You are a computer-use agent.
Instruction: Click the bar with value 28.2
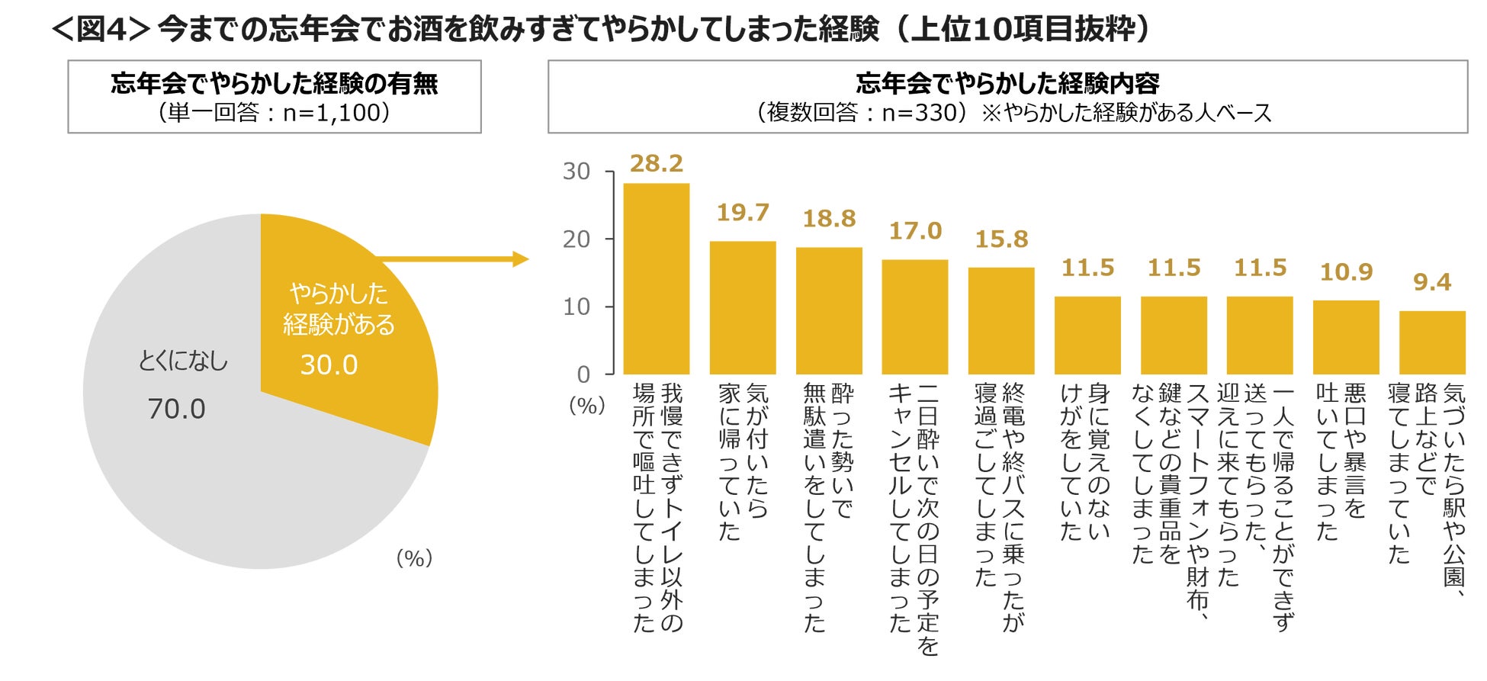pyautogui.click(x=656, y=278)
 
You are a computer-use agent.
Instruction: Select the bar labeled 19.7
pyautogui.click(x=742, y=307)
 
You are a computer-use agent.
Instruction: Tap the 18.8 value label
pyautogui.click(x=829, y=219)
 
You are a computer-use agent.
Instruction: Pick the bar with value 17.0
pyautogui.click(x=914, y=316)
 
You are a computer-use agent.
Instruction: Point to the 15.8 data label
pyautogui.click(x=1001, y=239)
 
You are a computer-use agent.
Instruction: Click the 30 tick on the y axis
pyautogui.click(x=576, y=172)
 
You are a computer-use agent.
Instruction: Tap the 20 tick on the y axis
pyautogui.click(x=576, y=239)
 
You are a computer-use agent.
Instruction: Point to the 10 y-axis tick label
pyautogui.click(x=576, y=307)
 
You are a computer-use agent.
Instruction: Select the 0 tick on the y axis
pyautogui.click(x=583, y=374)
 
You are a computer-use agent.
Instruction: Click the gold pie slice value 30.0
pyautogui.click(x=329, y=365)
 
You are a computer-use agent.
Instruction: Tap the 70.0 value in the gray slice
pyautogui.click(x=176, y=410)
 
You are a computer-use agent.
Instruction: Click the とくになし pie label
pyautogui.click(x=183, y=361)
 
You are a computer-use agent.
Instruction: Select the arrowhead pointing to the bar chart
pyautogui.click(x=521, y=259)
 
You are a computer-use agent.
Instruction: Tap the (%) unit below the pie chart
pyautogui.click(x=414, y=558)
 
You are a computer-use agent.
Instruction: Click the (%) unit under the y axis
pyautogui.click(x=586, y=406)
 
